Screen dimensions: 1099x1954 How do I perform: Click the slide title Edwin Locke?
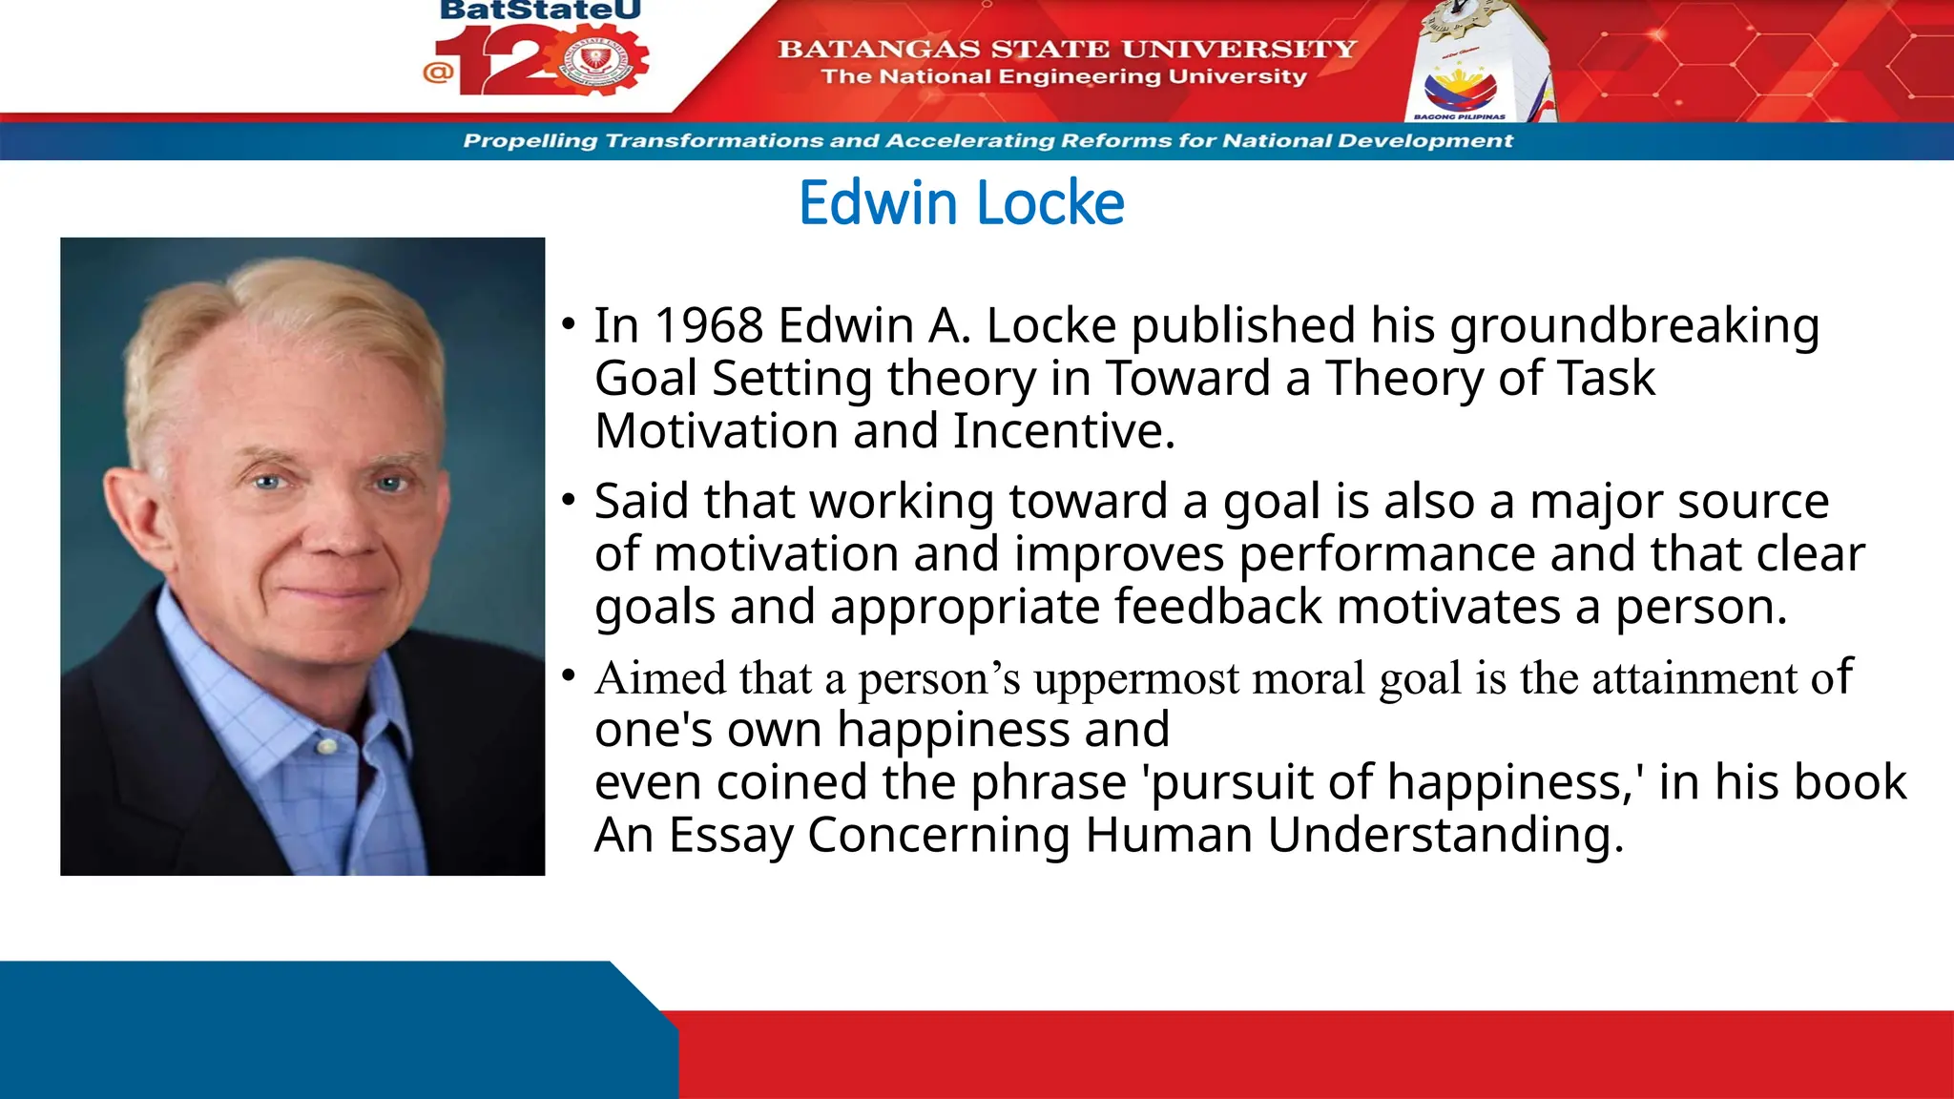click(961, 203)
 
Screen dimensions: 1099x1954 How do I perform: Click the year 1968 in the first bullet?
click(708, 325)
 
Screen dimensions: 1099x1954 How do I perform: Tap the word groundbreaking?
click(1633, 325)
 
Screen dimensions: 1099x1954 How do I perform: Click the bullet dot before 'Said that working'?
click(569, 500)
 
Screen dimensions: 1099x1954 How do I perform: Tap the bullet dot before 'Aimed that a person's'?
click(569, 676)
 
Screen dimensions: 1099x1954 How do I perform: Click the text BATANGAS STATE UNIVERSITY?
click(1067, 49)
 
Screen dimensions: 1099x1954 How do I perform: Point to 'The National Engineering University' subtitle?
click(1064, 76)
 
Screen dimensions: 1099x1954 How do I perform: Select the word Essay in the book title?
click(730, 836)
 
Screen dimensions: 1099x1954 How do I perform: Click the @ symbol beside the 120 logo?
click(438, 72)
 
